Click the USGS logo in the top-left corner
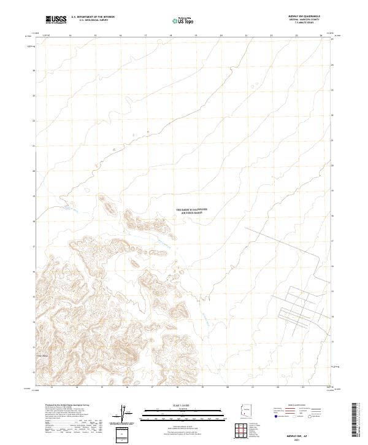point(56,20)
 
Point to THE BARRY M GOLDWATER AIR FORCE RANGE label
point(192,211)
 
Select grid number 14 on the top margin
point(70,36)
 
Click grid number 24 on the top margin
point(321,36)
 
